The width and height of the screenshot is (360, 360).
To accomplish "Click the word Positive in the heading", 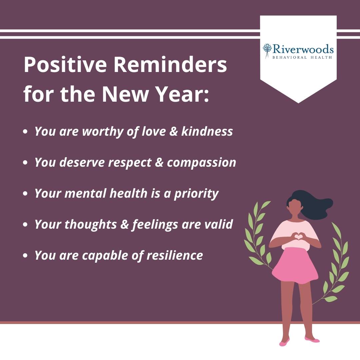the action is [x=65, y=65].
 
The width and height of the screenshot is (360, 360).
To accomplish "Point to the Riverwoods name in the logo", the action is [x=303, y=49].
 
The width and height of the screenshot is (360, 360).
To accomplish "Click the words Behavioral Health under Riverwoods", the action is [x=302, y=57].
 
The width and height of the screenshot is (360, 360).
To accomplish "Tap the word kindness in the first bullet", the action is [x=207, y=131].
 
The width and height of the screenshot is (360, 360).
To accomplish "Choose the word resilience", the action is [x=175, y=255].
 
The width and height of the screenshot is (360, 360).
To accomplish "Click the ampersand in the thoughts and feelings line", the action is [x=124, y=224].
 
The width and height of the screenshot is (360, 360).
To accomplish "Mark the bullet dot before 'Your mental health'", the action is [x=25, y=194].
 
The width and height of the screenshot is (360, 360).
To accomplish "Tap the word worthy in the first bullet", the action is [x=103, y=132].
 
